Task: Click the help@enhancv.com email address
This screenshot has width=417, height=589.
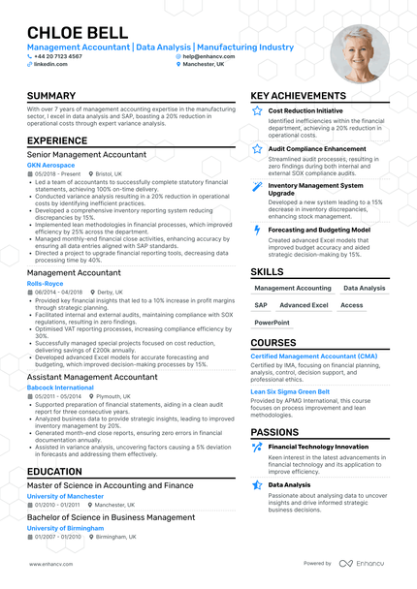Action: tap(208, 56)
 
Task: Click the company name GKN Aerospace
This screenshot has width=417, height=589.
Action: tap(48, 165)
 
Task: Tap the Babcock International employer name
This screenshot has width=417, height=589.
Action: tap(60, 387)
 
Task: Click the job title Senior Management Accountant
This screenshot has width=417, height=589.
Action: tap(86, 154)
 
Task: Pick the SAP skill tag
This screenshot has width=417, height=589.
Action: tap(261, 304)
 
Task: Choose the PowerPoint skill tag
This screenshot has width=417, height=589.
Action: tap(272, 322)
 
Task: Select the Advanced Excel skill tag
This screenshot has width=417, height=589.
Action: tap(304, 304)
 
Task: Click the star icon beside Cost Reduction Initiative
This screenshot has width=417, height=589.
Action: tap(256, 111)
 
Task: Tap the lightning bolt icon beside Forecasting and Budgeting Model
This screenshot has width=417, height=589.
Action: tap(256, 230)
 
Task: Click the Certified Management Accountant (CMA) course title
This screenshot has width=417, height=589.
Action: tap(314, 356)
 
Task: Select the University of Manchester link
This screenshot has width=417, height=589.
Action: tap(64, 495)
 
